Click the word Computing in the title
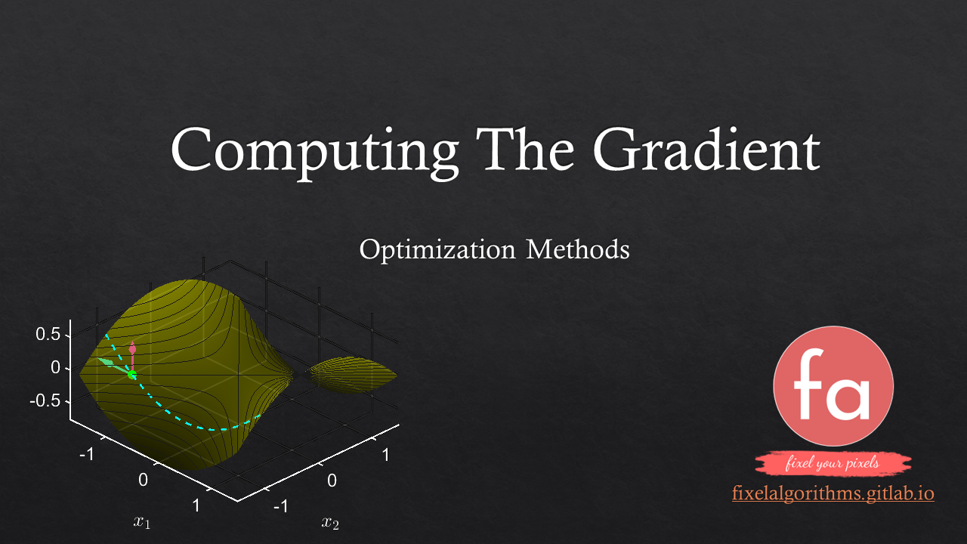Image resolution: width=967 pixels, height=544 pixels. pos(315,153)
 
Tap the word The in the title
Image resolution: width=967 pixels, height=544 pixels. pos(525,149)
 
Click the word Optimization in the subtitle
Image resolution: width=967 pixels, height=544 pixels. pos(437,251)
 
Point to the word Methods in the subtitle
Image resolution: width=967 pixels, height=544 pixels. pos(578,249)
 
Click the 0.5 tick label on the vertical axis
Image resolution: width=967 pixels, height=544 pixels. pos(48,334)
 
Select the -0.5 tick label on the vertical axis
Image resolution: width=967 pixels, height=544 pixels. pos(45,400)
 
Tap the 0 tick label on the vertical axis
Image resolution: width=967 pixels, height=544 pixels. pos(55,367)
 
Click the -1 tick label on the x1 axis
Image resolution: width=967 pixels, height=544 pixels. pos(87,454)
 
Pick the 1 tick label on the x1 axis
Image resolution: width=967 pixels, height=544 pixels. pos(196,505)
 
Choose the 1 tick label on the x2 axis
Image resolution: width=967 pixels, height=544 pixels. pos(385,455)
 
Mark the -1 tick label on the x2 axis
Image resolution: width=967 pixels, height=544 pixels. pos(280,506)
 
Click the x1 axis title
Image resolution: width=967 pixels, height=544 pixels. pos(141,521)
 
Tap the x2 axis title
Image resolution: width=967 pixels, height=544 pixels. pos(330,523)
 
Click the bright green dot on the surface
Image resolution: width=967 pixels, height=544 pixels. pos(132,375)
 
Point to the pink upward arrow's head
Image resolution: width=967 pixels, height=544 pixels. pos(132,348)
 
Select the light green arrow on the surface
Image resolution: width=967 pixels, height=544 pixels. pos(113,365)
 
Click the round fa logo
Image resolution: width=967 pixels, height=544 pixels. pos(833,386)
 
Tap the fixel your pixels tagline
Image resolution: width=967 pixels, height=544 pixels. pos(833,463)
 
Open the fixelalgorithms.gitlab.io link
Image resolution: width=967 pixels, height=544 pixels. pos(833,493)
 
